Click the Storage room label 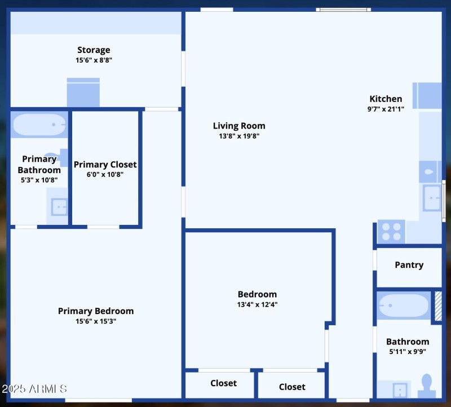click(x=94, y=50)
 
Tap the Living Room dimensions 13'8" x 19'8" click(x=239, y=136)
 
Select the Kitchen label click(x=386, y=99)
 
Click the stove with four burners click(x=391, y=231)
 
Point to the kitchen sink click(x=432, y=198)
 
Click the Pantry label click(x=409, y=265)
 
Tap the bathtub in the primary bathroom click(x=39, y=125)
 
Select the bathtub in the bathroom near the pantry click(x=403, y=306)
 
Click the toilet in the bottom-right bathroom click(x=427, y=387)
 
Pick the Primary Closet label click(x=105, y=165)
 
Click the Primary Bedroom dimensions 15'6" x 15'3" click(x=96, y=321)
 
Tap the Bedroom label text click(x=257, y=294)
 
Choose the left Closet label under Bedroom click(x=223, y=383)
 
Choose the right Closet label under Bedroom click(x=292, y=387)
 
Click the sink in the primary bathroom click(x=59, y=207)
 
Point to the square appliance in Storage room click(x=83, y=92)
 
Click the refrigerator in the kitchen click(x=427, y=95)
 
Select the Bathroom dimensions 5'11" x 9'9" click(x=407, y=351)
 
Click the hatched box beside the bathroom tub click(x=437, y=306)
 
